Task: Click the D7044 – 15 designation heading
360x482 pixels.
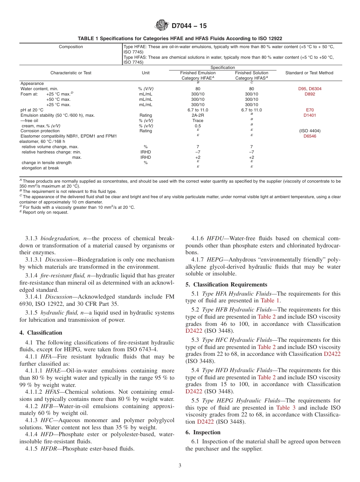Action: [x=189, y=26]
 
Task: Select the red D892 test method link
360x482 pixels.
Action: [x=310, y=94]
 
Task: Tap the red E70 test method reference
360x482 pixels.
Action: [x=310, y=110]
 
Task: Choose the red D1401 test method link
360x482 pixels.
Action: [x=310, y=115]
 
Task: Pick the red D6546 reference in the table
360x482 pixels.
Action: [x=310, y=136]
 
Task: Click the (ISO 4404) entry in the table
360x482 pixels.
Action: [x=310, y=131]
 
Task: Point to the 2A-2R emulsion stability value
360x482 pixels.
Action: [x=197, y=115]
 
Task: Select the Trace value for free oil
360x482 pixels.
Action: [x=197, y=121]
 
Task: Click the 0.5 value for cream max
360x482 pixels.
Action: [x=197, y=126]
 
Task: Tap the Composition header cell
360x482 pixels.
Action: [x=71, y=47]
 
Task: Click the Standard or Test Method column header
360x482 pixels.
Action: [x=309, y=73]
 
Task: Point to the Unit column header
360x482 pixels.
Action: [x=146, y=73]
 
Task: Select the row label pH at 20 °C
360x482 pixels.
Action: [x=32, y=110]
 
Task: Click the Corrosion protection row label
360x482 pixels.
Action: [x=39, y=131]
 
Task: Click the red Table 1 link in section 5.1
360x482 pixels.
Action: [x=270, y=300]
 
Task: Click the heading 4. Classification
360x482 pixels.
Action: [x=41, y=333]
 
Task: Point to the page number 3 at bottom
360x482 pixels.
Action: [x=180, y=465]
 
